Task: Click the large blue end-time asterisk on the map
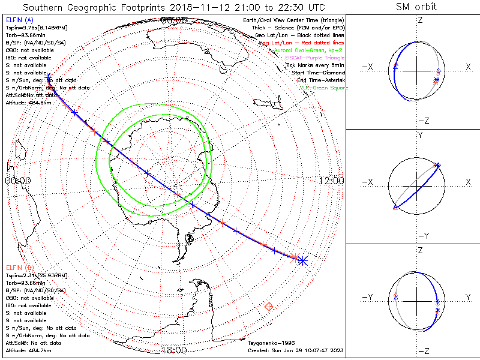tap(302, 260)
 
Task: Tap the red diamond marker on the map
tap(269, 307)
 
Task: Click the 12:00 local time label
tap(331, 181)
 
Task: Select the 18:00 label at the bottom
tap(174, 350)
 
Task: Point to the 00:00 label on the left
tap(17, 181)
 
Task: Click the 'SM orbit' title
tap(416, 7)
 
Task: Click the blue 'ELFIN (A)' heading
tap(20, 20)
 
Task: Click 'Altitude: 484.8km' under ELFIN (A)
tap(28, 102)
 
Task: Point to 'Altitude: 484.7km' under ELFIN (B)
tap(28, 349)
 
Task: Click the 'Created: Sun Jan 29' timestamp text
tap(296, 350)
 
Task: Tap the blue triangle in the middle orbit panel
tap(395, 208)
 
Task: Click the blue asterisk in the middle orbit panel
tap(437, 165)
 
